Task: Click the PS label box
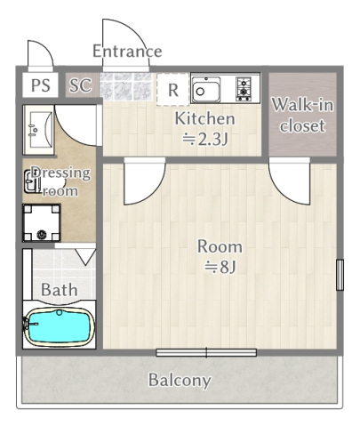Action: click(x=41, y=85)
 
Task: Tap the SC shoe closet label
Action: click(x=80, y=85)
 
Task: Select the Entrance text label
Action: click(x=127, y=51)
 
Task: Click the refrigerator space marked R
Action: click(x=173, y=90)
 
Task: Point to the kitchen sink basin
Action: click(x=206, y=90)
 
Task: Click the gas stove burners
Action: click(x=244, y=88)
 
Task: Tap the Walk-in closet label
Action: click(x=302, y=115)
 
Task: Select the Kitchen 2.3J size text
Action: click(x=205, y=129)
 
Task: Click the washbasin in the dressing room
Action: click(x=39, y=130)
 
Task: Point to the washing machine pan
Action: click(x=42, y=222)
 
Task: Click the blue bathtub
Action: click(x=60, y=326)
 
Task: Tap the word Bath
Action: click(x=60, y=290)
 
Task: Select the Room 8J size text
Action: click(x=220, y=257)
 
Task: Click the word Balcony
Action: click(x=180, y=381)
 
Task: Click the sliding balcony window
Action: click(x=206, y=353)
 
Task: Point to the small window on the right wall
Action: click(x=340, y=275)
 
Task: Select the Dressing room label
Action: click(x=60, y=181)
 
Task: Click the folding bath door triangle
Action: click(x=85, y=257)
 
